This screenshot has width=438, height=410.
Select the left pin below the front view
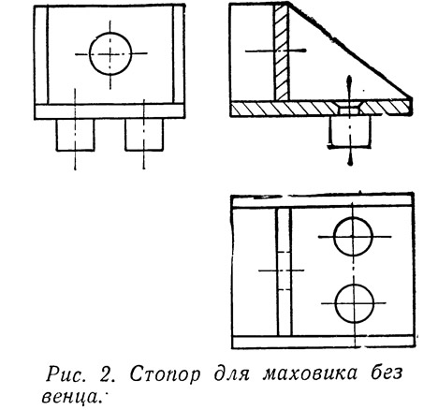click(x=75, y=135)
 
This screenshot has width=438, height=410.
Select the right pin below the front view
click(x=144, y=135)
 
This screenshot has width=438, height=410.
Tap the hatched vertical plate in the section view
click(x=282, y=51)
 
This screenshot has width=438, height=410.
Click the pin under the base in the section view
click(x=350, y=131)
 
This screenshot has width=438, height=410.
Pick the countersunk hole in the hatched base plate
click(x=349, y=108)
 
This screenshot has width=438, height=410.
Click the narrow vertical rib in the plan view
click(x=284, y=272)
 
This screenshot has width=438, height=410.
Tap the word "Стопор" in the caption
click(x=165, y=373)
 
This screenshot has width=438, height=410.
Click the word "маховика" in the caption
click(x=310, y=373)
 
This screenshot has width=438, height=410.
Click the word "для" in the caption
click(x=231, y=373)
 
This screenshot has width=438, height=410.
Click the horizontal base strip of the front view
click(x=109, y=111)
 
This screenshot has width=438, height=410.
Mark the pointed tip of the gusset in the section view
click(x=412, y=99)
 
